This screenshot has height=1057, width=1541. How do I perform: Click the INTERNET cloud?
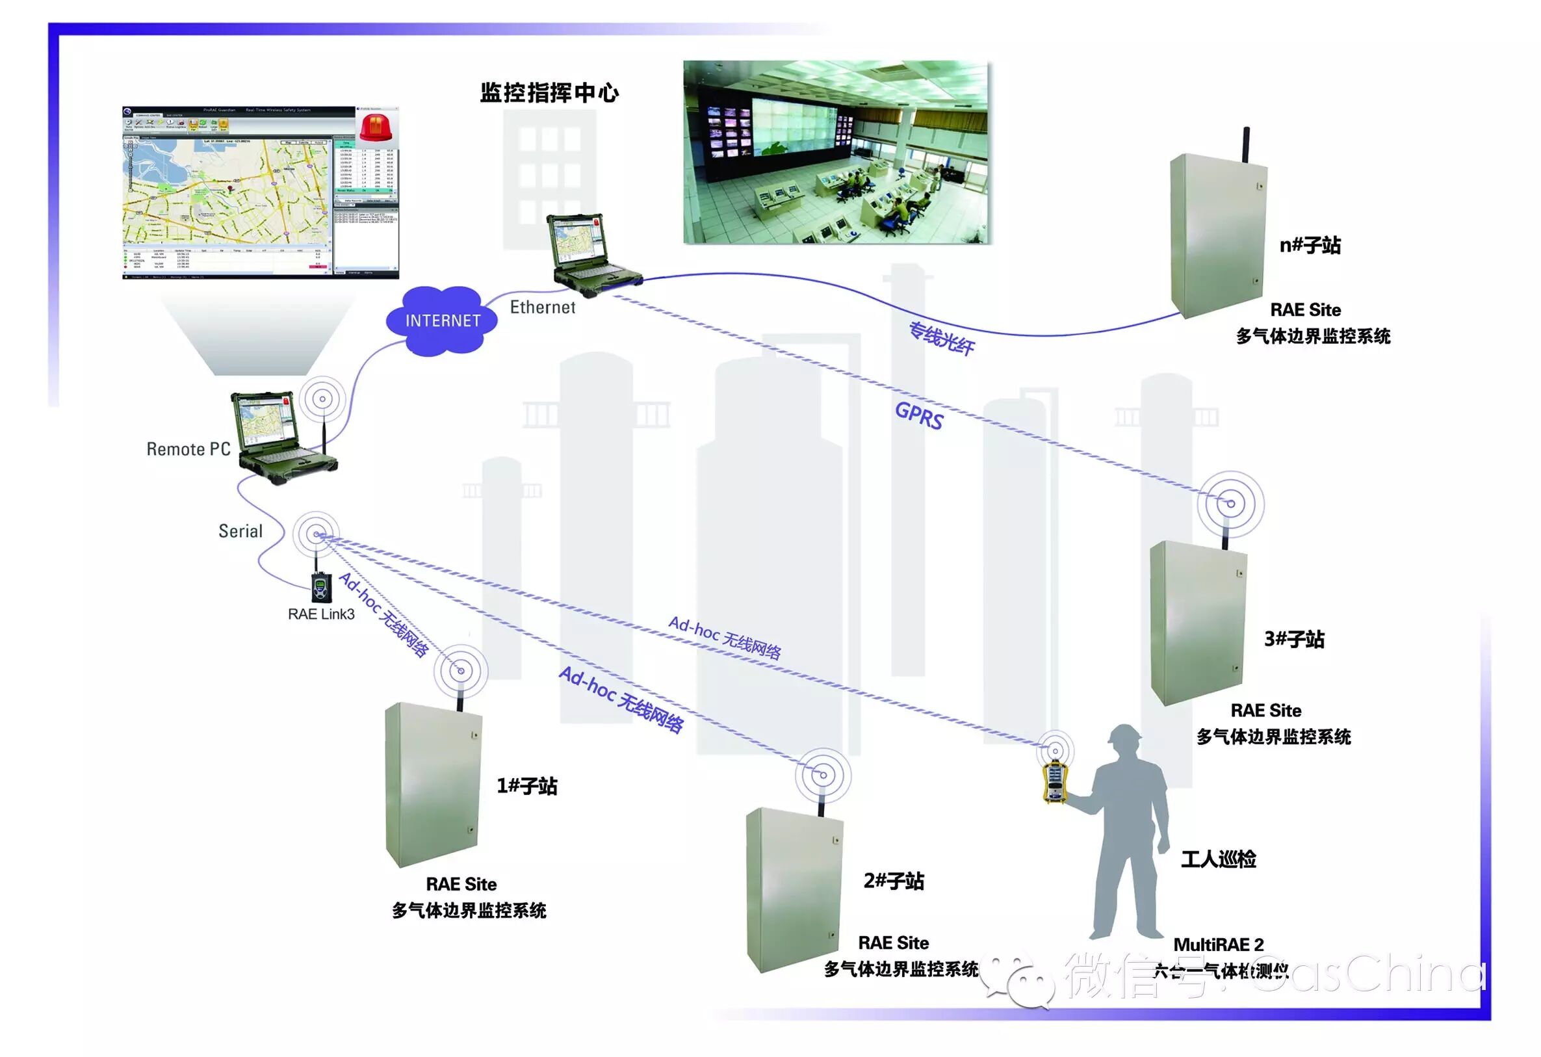click(442, 321)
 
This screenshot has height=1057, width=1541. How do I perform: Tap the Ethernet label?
click(542, 307)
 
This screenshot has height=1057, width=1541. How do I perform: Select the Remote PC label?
click(188, 449)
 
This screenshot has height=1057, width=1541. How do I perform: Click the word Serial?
click(240, 531)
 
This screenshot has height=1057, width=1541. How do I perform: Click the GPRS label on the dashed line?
click(918, 416)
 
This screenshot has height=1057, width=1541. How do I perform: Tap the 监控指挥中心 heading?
click(549, 93)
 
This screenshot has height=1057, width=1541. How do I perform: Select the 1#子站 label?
click(527, 786)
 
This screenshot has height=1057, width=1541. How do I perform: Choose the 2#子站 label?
click(893, 881)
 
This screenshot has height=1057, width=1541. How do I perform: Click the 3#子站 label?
click(1293, 638)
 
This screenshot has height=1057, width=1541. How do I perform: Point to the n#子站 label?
click(1310, 245)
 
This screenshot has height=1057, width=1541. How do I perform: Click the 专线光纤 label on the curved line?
click(941, 338)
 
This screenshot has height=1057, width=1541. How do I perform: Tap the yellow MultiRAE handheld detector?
click(1054, 783)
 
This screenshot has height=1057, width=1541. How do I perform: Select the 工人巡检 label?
click(1218, 859)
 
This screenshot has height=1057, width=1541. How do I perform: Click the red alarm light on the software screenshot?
click(376, 126)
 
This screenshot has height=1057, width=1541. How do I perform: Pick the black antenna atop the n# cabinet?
click(1246, 144)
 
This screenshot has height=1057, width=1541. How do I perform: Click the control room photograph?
click(835, 152)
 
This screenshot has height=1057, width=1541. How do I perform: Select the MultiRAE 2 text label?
click(1218, 945)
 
